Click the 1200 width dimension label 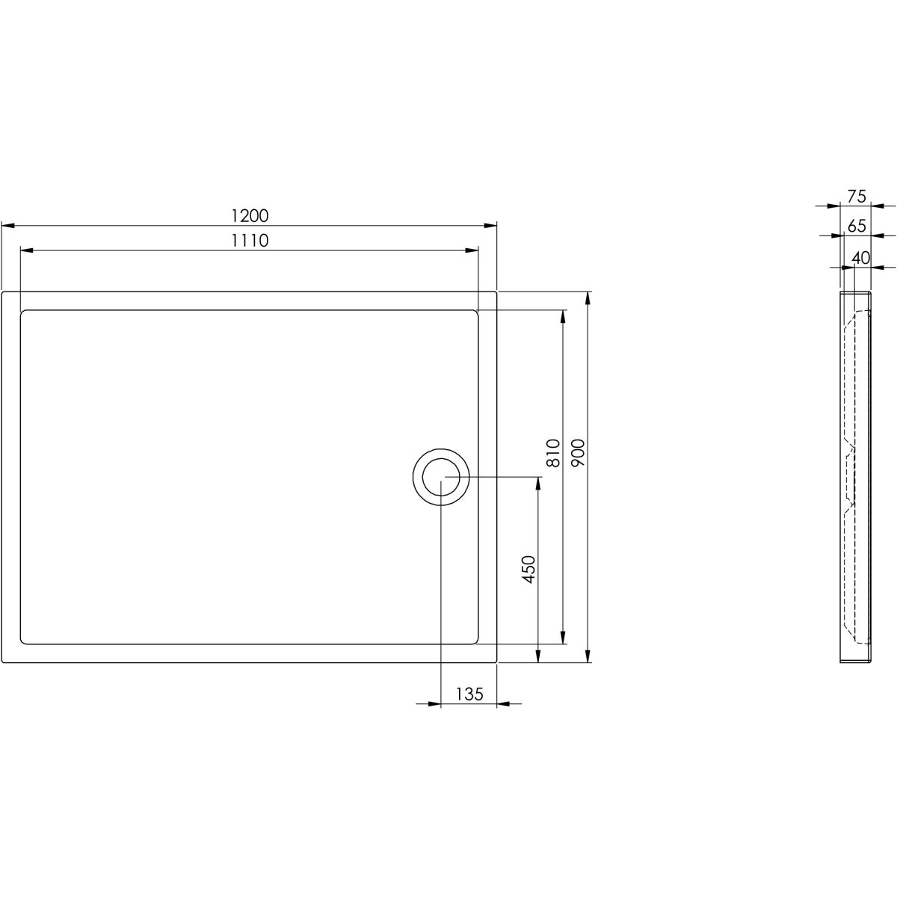pyautogui.click(x=250, y=216)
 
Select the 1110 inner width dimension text pyautogui.click(x=250, y=241)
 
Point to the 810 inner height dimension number pyautogui.click(x=552, y=453)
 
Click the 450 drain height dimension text pyautogui.click(x=529, y=569)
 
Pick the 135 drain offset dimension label pyautogui.click(x=469, y=694)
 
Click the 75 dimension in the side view pyautogui.click(x=856, y=197)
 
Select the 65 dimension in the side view pyautogui.click(x=856, y=226)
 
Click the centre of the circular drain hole pyautogui.click(x=441, y=477)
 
